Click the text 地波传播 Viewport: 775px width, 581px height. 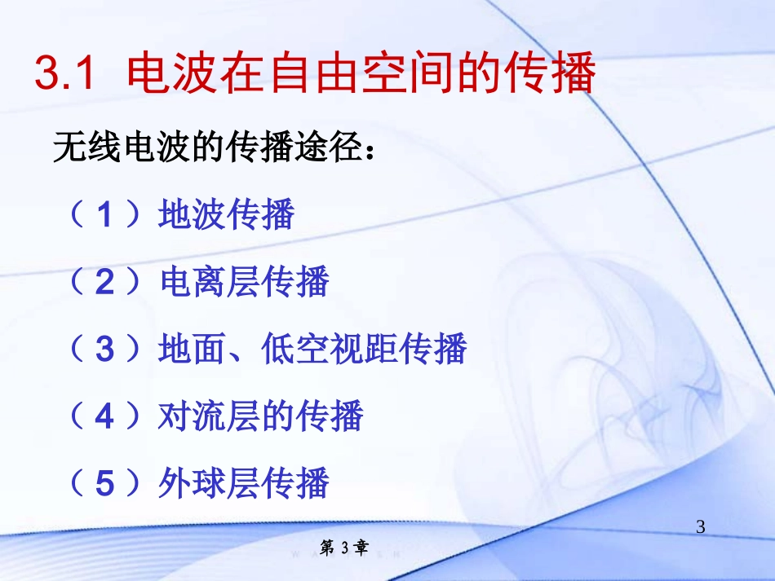(226, 215)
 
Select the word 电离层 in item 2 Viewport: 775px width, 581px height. (209, 283)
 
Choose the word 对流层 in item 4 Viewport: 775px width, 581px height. (209, 416)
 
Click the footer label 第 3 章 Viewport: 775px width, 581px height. (343, 548)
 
